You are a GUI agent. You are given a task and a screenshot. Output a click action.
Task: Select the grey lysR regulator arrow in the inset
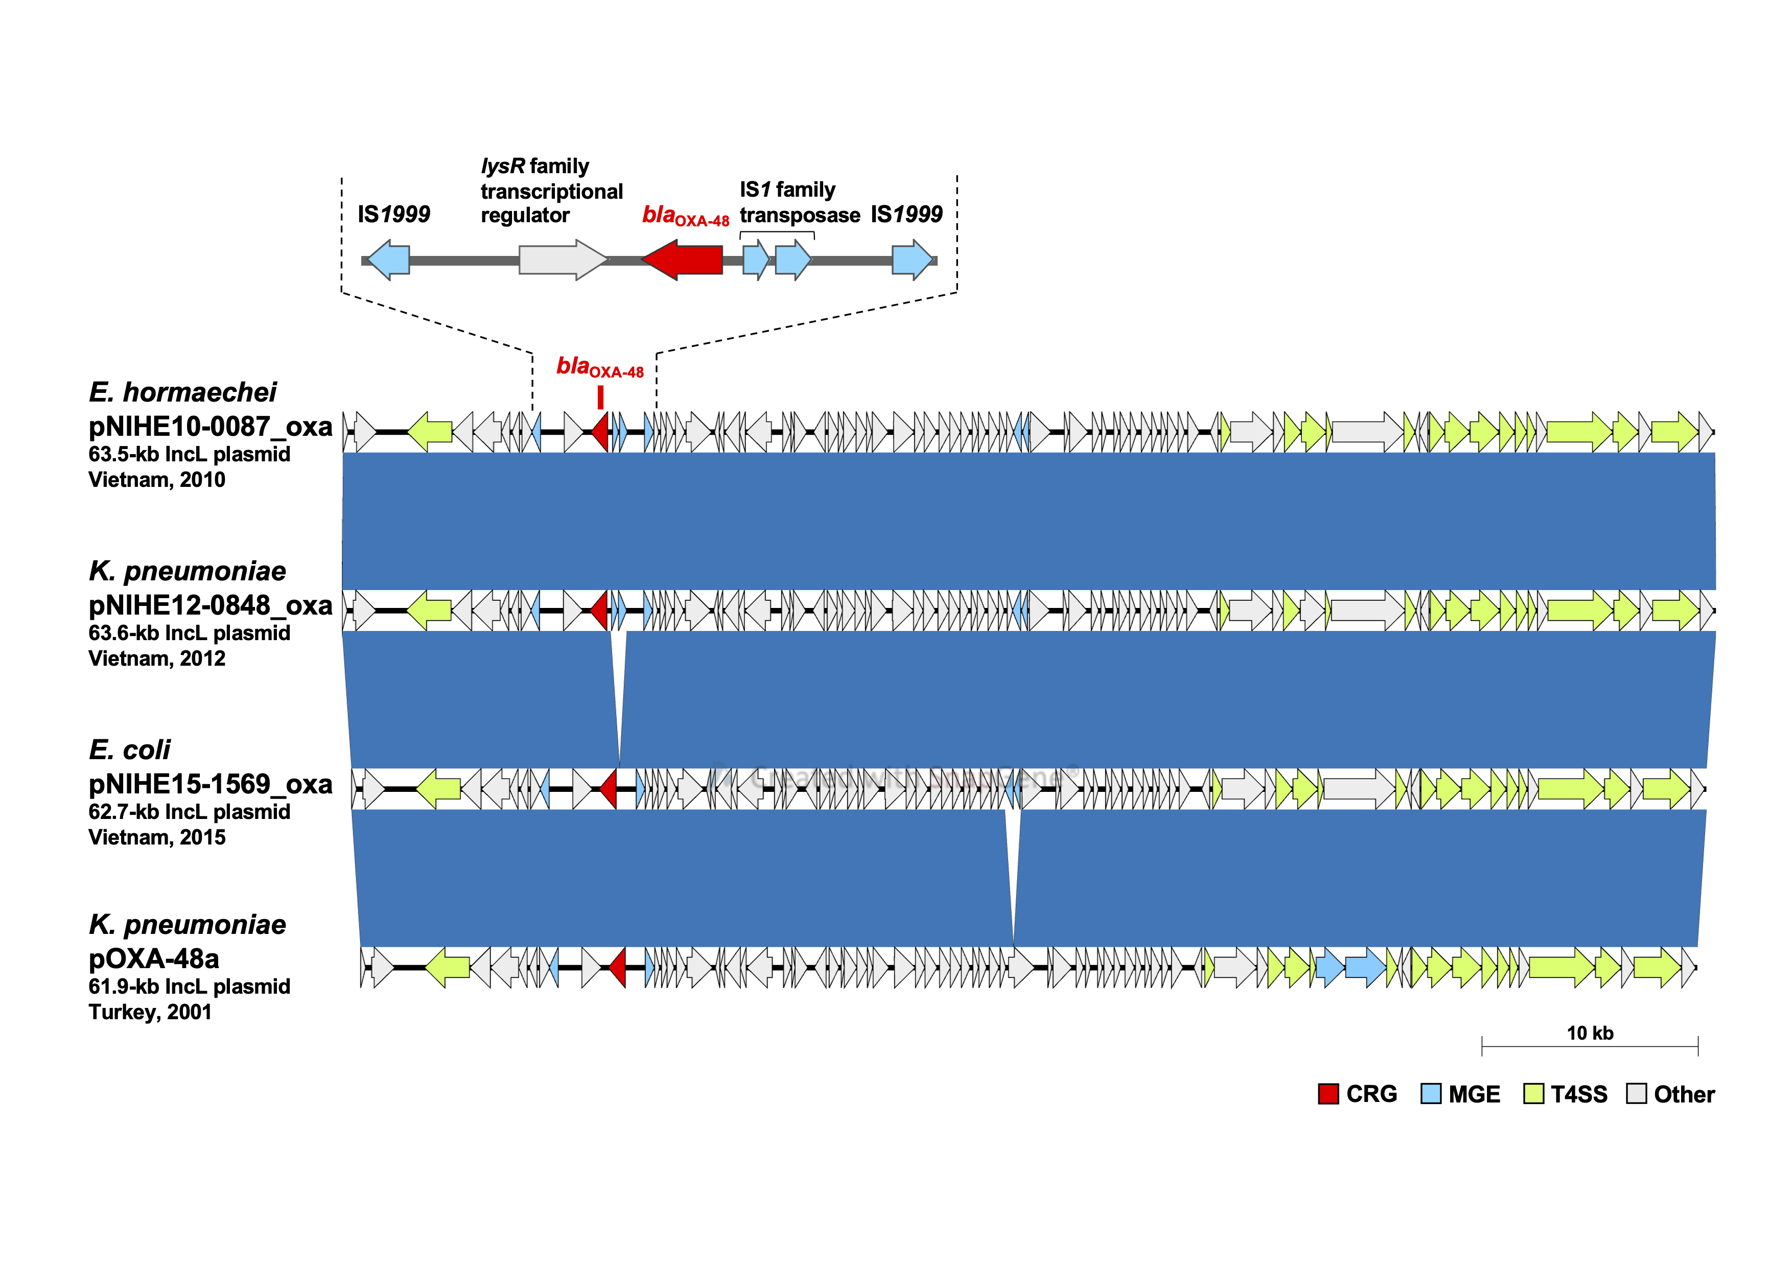(x=562, y=260)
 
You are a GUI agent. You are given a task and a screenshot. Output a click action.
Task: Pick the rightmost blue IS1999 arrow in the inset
(x=912, y=260)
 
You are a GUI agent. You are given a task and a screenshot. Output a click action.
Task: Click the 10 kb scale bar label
(x=1590, y=1033)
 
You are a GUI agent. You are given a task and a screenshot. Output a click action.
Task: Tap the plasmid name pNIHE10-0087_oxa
(x=210, y=427)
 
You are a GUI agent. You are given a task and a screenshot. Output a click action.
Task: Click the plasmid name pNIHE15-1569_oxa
(x=210, y=784)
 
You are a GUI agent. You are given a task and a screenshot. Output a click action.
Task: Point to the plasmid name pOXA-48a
(x=154, y=959)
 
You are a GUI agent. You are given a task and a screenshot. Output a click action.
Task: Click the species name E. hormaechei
(x=182, y=392)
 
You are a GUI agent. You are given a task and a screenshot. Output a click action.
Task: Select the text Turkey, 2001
(x=150, y=1012)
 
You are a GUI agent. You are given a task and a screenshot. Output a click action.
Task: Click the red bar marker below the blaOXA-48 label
(x=600, y=398)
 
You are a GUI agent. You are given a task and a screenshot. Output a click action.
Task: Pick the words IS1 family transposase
(x=799, y=202)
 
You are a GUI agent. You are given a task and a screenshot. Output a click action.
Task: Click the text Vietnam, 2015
(x=157, y=837)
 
